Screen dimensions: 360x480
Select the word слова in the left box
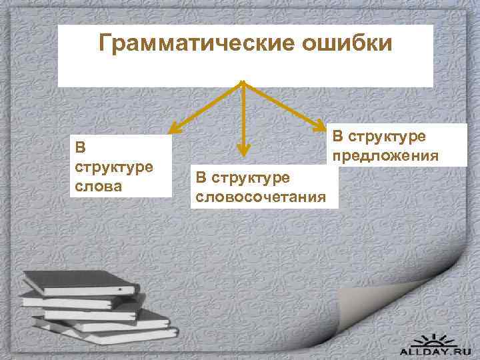pos(98,186)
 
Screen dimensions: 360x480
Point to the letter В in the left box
pos(80,147)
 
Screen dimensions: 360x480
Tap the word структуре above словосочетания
pos(250,177)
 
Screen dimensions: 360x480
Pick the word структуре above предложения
pos(387,137)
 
